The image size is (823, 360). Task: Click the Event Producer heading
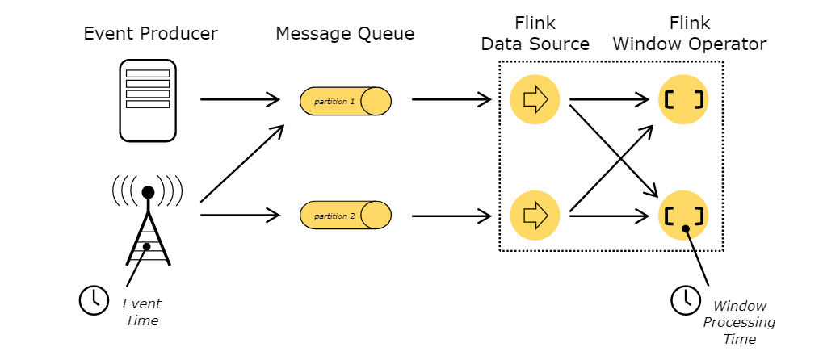pyautogui.click(x=151, y=34)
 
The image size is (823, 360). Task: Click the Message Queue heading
pyautogui.click(x=345, y=34)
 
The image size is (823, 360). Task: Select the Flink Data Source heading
pyautogui.click(x=535, y=34)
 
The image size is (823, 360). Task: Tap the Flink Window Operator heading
pyautogui.click(x=689, y=34)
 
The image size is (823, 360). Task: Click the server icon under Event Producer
pyautogui.click(x=148, y=100)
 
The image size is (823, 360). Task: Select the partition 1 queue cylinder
pyautogui.click(x=346, y=101)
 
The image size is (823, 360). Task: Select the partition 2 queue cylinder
pyautogui.click(x=346, y=216)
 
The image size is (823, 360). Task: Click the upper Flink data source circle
pyautogui.click(x=535, y=100)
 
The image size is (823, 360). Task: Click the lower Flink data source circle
pyautogui.click(x=535, y=215)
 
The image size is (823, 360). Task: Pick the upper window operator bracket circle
pyautogui.click(x=683, y=100)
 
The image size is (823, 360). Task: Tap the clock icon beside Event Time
pyautogui.click(x=94, y=299)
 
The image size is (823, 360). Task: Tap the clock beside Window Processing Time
pyautogui.click(x=687, y=299)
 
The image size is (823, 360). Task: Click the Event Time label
pyautogui.click(x=141, y=312)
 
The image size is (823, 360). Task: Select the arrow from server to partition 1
pyautogui.click(x=240, y=100)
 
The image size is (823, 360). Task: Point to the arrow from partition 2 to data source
pyautogui.click(x=451, y=216)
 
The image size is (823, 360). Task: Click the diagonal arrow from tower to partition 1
pyautogui.click(x=241, y=165)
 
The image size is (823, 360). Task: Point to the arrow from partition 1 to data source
pyautogui.click(x=451, y=100)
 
